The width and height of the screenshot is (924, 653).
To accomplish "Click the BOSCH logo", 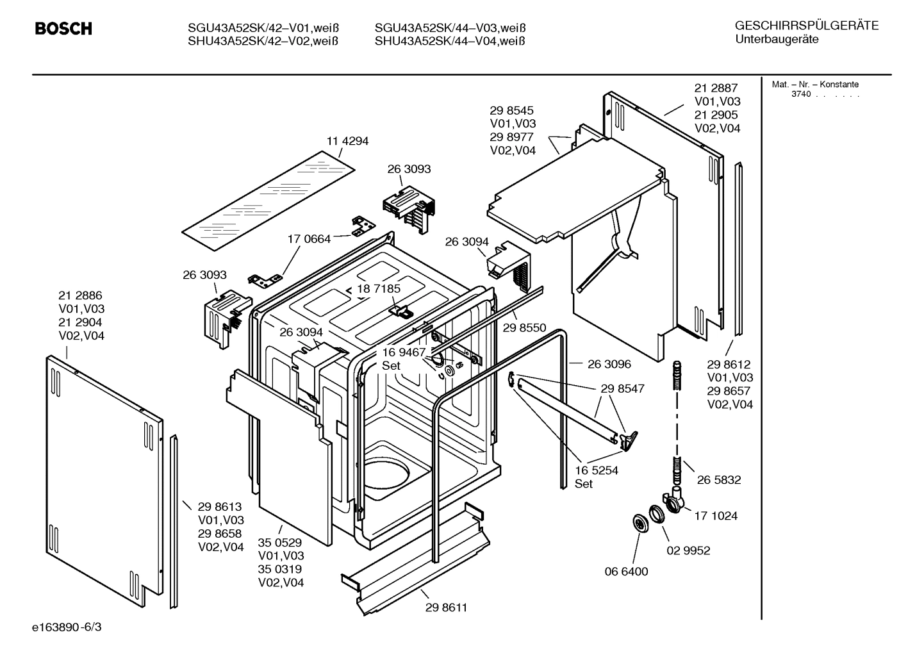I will coord(63,29).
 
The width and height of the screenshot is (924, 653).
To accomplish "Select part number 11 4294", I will coord(347,141).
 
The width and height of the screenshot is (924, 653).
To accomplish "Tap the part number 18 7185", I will coord(379,288).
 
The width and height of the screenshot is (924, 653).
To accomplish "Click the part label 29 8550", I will coord(524,327).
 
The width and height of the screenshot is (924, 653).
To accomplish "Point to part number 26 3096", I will coord(609,364).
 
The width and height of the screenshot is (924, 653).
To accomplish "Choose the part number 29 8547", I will coord(622,388).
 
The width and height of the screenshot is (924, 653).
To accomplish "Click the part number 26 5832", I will coord(719,479).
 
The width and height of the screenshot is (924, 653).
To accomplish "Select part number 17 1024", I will coord(716,515).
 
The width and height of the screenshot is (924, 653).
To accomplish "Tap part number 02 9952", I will coord(688,550).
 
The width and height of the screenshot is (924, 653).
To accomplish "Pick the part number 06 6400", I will coord(626,571).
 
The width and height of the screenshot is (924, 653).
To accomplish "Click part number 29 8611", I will coord(446,607).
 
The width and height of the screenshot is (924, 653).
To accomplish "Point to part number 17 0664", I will coord(309,239).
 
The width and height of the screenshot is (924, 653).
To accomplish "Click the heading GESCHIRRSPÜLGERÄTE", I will coord(806,26).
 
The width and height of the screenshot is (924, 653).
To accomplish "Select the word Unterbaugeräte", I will coord(777,40).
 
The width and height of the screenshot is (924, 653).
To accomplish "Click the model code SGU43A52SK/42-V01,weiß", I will coord(263,28).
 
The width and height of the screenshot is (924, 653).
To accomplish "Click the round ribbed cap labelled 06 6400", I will coord(639,523).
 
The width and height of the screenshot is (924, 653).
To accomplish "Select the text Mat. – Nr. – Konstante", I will coord(815,85).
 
